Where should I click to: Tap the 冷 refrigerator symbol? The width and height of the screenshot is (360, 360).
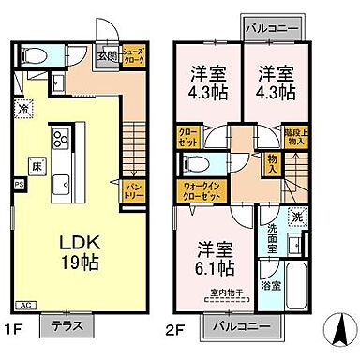(x=22, y=109)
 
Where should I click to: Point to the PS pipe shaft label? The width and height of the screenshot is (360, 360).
(x=17, y=186)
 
